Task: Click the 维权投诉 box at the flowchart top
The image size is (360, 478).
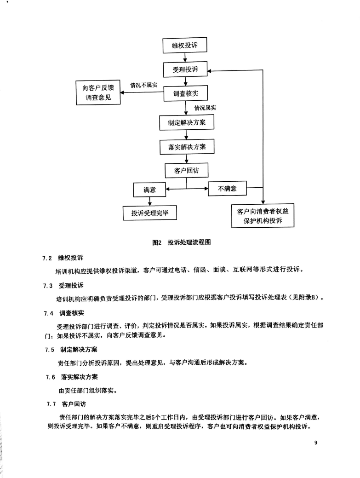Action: pos(185,45)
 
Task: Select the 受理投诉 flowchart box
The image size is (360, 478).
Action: pos(185,69)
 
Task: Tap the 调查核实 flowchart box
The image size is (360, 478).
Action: pos(185,93)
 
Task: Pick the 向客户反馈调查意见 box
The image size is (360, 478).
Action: pos(98,92)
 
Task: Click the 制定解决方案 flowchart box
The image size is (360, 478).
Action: pos(187,122)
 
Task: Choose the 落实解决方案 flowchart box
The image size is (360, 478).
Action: pos(187,147)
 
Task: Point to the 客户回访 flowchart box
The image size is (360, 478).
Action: pos(186,170)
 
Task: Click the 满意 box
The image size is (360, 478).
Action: pos(149,190)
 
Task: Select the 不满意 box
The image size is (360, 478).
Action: pos(227,189)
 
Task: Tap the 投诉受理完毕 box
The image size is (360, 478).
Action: pos(150,213)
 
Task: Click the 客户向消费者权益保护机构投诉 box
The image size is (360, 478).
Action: pos(263,215)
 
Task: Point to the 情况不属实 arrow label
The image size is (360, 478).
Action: pos(144,85)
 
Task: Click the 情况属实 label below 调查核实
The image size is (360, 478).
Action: pos(206,108)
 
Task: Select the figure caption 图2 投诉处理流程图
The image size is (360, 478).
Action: pos(182,242)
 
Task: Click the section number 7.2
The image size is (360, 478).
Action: pos(47,258)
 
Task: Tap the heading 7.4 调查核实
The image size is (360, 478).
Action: pos(64,313)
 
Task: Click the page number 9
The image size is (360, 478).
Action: pos(316,443)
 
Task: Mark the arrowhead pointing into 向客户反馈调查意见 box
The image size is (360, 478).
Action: pos(123,92)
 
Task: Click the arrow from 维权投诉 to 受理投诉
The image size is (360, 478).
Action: pos(185,58)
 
